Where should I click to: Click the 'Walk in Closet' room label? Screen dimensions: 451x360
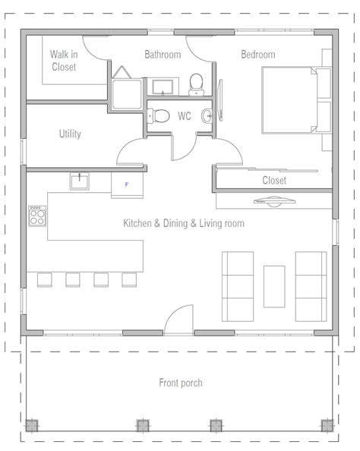point(65,61)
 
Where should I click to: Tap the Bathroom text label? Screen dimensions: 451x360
point(163,55)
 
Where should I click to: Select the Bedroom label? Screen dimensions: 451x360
point(257,55)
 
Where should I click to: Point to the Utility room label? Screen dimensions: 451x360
point(70,134)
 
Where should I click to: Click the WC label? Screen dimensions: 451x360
point(184,116)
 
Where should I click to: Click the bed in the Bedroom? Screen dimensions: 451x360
point(295,99)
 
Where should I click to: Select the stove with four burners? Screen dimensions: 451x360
point(38,216)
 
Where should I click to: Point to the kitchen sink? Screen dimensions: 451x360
point(80,181)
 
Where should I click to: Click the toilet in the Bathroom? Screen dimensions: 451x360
point(197,82)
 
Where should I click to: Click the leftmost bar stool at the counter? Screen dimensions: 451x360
point(44,280)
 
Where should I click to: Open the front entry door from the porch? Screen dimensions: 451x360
point(180,319)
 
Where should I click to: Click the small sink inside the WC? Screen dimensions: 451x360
point(206,116)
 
